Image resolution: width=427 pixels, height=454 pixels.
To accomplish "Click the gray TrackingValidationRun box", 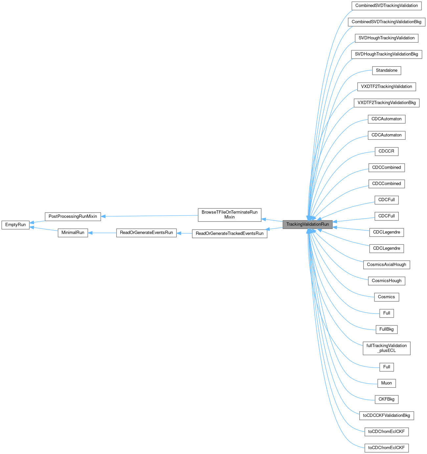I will click(x=307, y=224).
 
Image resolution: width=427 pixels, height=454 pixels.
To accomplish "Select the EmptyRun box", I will click(x=15, y=225).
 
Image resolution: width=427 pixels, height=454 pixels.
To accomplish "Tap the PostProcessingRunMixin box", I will click(x=73, y=217).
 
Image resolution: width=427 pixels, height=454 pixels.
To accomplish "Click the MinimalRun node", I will click(x=73, y=233).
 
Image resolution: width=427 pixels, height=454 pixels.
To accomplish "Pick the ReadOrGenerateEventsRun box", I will click(x=146, y=233).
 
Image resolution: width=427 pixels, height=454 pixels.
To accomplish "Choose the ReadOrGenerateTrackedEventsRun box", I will click(x=229, y=233).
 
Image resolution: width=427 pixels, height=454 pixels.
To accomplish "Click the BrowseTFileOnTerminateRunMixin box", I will click(x=229, y=215).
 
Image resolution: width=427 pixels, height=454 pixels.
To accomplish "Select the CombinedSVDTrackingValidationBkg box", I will click(x=386, y=22).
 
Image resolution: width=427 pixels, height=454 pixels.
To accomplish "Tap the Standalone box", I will click(x=386, y=71).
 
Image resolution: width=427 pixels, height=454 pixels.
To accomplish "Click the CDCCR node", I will click(x=386, y=151).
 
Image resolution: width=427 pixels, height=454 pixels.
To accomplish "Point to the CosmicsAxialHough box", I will click(x=386, y=265).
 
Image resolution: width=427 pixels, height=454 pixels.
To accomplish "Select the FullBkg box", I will click(x=386, y=329).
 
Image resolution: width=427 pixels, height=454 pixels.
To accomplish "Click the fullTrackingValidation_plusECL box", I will click(x=386, y=348).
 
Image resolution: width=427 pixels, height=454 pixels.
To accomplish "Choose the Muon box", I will click(x=386, y=383).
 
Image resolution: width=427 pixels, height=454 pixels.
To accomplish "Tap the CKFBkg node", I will click(x=386, y=399).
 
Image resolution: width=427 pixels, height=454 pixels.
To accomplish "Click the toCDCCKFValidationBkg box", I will click(x=386, y=416).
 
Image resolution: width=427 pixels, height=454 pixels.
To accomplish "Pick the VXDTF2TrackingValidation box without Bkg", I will click(x=386, y=87).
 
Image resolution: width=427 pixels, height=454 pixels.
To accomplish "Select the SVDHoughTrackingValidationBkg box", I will click(x=386, y=54).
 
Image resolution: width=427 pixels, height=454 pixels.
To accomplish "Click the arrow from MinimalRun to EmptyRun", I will click(x=44, y=229).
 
